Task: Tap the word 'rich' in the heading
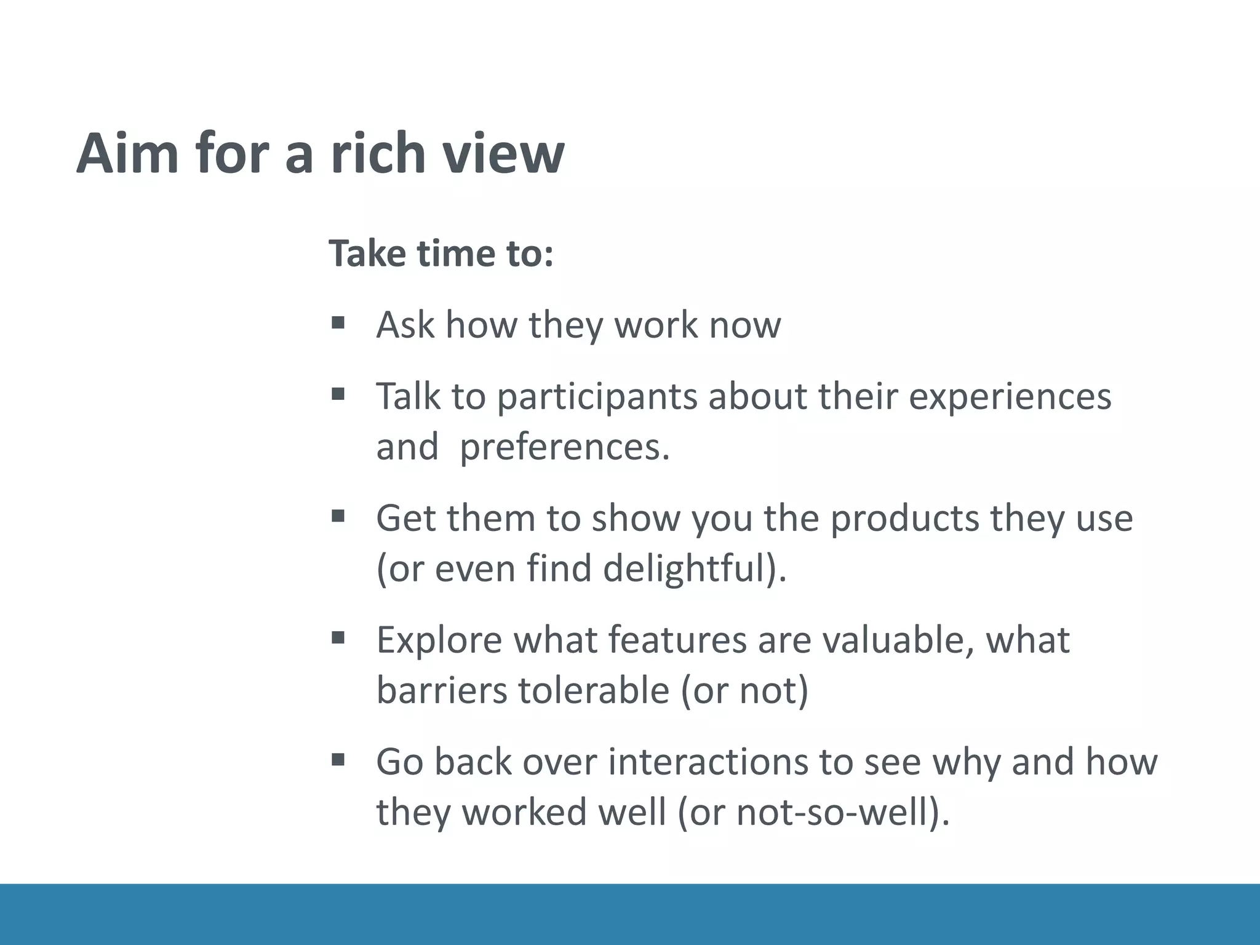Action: (x=377, y=154)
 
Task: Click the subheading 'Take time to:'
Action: (x=441, y=253)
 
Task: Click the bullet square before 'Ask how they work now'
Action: (x=337, y=322)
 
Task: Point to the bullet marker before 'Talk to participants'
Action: (x=337, y=394)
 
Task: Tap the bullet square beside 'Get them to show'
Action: (x=337, y=516)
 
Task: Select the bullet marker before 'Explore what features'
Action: (x=337, y=637)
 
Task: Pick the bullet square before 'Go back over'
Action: (x=337, y=759)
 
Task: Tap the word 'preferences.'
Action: (x=564, y=448)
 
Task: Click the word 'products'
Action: (x=904, y=519)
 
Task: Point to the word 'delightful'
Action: (x=683, y=569)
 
